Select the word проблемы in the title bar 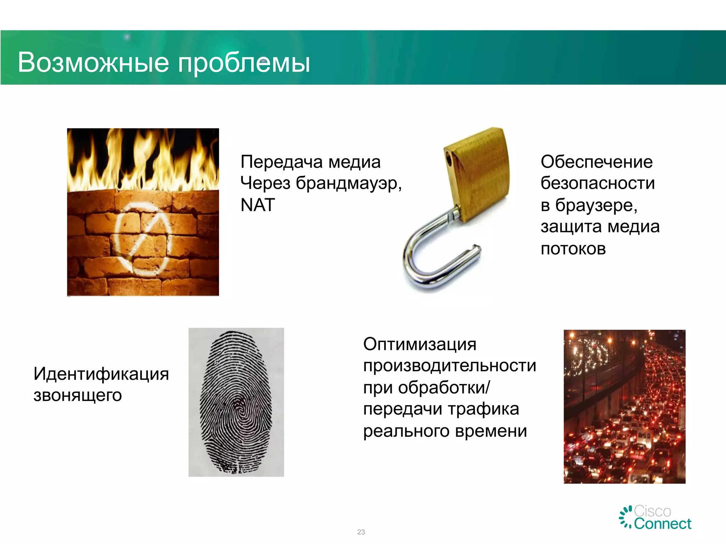tap(244, 63)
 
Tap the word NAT tap(258, 205)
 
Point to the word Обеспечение tap(597, 162)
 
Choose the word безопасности tap(598, 183)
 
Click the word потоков tap(573, 249)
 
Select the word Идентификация tap(101, 374)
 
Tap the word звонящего tap(78, 395)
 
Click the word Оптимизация tap(420, 344)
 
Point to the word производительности tap(449, 366)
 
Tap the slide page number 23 tap(361, 532)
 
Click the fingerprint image tap(236, 402)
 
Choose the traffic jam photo tap(624, 407)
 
